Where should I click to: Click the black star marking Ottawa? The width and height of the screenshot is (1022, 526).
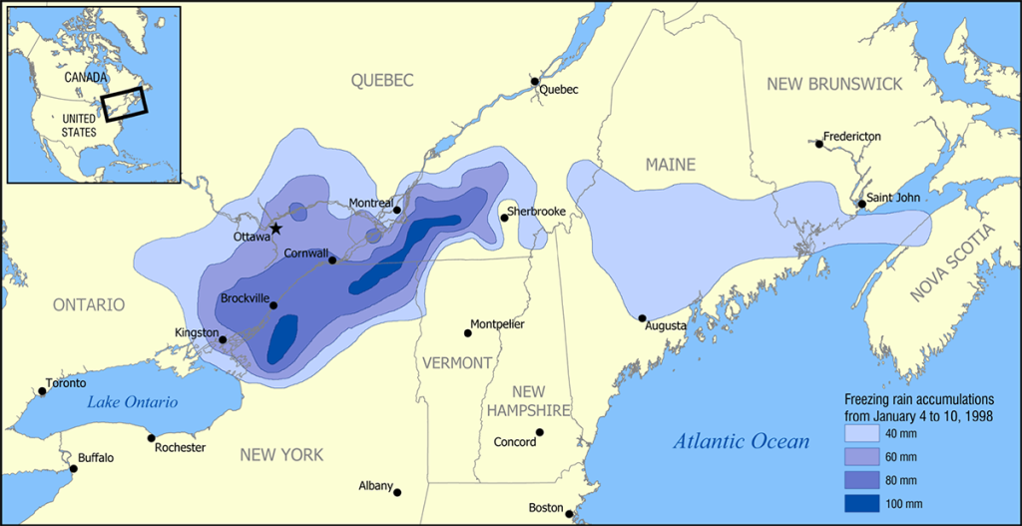pyautogui.click(x=275, y=229)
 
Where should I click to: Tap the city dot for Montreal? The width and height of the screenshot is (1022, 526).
pyautogui.click(x=397, y=210)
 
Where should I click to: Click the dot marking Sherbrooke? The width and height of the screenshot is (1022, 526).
pyautogui.click(x=504, y=218)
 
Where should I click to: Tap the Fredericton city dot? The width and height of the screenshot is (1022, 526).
pyautogui.click(x=819, y=144)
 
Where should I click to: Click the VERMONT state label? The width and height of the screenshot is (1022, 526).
pyautogui.click(x=455, y=362)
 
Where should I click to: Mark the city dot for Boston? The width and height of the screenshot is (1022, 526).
pyautogui.click(x=569, y=514)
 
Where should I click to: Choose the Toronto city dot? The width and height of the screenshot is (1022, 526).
pyautogui.click(x=42, y=390)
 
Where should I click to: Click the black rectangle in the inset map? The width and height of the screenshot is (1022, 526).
pyautogui.click(x=125, y=103)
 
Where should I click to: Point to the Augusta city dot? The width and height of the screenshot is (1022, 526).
pyautogui.click(x=642, y=318)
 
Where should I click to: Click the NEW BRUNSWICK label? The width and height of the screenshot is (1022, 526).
pyautogui.click(x=834, y=84)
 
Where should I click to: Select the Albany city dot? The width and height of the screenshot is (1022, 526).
pyautogui.click(x=397, y=492)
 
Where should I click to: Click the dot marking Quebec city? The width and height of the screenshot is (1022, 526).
pyautogui.click(x=535, y=82)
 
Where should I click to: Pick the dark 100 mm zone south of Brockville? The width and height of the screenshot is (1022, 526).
pyautogui.click(x=283, y=337)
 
